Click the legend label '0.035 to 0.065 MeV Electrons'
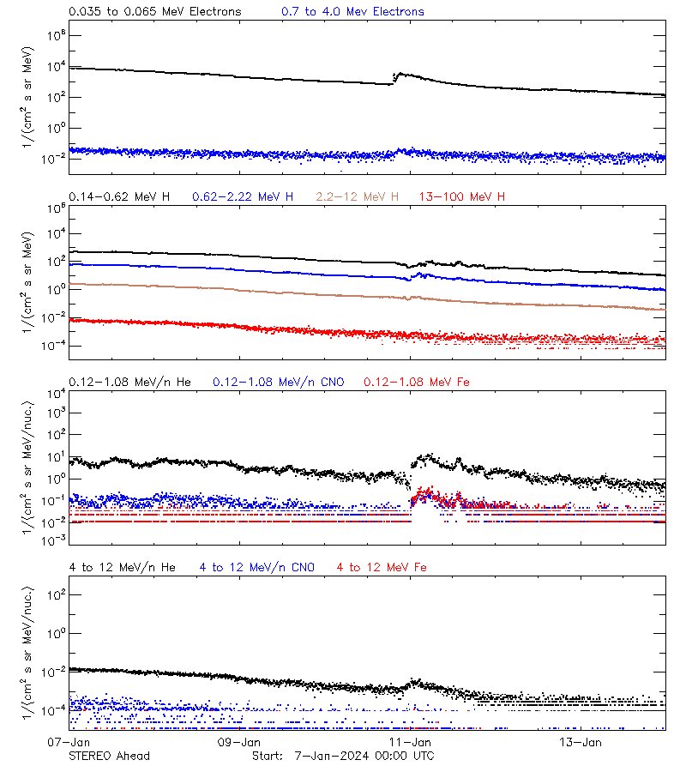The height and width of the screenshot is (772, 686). [154, 12]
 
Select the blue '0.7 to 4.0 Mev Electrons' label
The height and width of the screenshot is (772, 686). [352, 12]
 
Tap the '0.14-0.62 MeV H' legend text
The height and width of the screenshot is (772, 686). [119, 197]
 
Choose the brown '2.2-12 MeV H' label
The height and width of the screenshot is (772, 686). [358, 197]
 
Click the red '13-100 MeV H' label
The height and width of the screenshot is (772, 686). [462, 197]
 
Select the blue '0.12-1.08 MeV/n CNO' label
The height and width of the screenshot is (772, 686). [278, 382]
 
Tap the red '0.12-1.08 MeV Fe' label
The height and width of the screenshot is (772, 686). [417, 382]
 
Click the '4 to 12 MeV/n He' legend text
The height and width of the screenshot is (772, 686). [122, 567]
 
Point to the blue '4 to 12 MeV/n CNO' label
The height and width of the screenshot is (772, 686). [256, 567]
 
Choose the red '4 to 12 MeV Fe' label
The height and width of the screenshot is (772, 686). [382, 567]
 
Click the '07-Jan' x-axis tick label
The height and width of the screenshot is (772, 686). [69, 741]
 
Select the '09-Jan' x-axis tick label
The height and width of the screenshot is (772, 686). [239, 741]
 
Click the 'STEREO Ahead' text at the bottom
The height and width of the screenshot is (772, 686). [109, 756]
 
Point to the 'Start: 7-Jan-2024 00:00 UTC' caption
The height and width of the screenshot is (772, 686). [343, 756]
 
